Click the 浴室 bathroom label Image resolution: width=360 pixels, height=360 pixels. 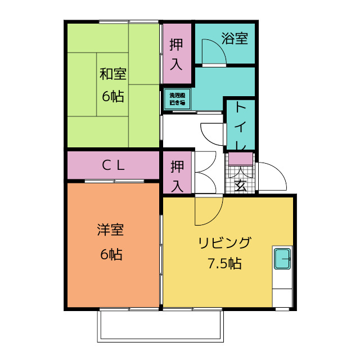pos(235,39)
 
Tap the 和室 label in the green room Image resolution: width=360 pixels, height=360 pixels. pos(112,74)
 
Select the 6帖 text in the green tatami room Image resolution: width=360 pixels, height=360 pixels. pos(112,96)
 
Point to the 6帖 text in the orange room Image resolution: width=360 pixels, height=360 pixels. pos(111,254)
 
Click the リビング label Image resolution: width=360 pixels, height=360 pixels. pos(224,243)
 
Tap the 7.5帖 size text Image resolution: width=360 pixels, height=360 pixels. pos(224,263)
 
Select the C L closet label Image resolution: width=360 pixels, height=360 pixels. pos(112,165)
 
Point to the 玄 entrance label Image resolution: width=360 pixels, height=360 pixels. pos(240,185)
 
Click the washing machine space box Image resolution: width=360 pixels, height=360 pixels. pos(177,99)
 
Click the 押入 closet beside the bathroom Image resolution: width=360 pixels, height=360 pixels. pos(177,53)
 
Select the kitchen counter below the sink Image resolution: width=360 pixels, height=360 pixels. pos(282,290)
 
